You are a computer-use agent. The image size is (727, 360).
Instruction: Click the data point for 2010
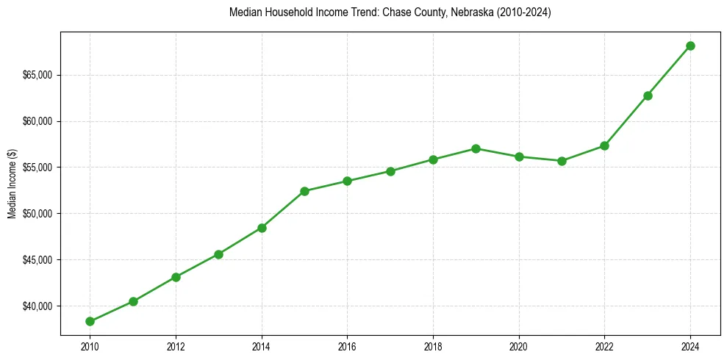[x=90, y=321]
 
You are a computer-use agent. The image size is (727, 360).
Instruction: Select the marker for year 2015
[x=304, y=191]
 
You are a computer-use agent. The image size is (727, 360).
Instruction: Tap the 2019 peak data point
[x=476, y=148]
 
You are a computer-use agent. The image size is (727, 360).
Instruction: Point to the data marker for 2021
[x=562, y=161]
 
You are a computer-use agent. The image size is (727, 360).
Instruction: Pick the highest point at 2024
[x=690, y=46]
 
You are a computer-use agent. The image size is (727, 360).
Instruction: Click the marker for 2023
[x=648, y=96]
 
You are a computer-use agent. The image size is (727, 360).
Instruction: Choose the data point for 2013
[x=218, y=254]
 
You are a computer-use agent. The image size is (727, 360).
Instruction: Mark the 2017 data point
[x=390, y=171]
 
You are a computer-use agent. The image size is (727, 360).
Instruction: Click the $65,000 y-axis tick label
[x=38, y=75]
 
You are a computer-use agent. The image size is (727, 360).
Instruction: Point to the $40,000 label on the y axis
[x=38, y=306]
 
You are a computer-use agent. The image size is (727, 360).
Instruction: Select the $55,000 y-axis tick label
[x=38, y=168]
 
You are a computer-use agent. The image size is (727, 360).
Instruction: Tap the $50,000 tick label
[x=38, y=214]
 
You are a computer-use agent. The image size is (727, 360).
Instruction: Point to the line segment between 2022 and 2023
[x=626, y=120]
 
